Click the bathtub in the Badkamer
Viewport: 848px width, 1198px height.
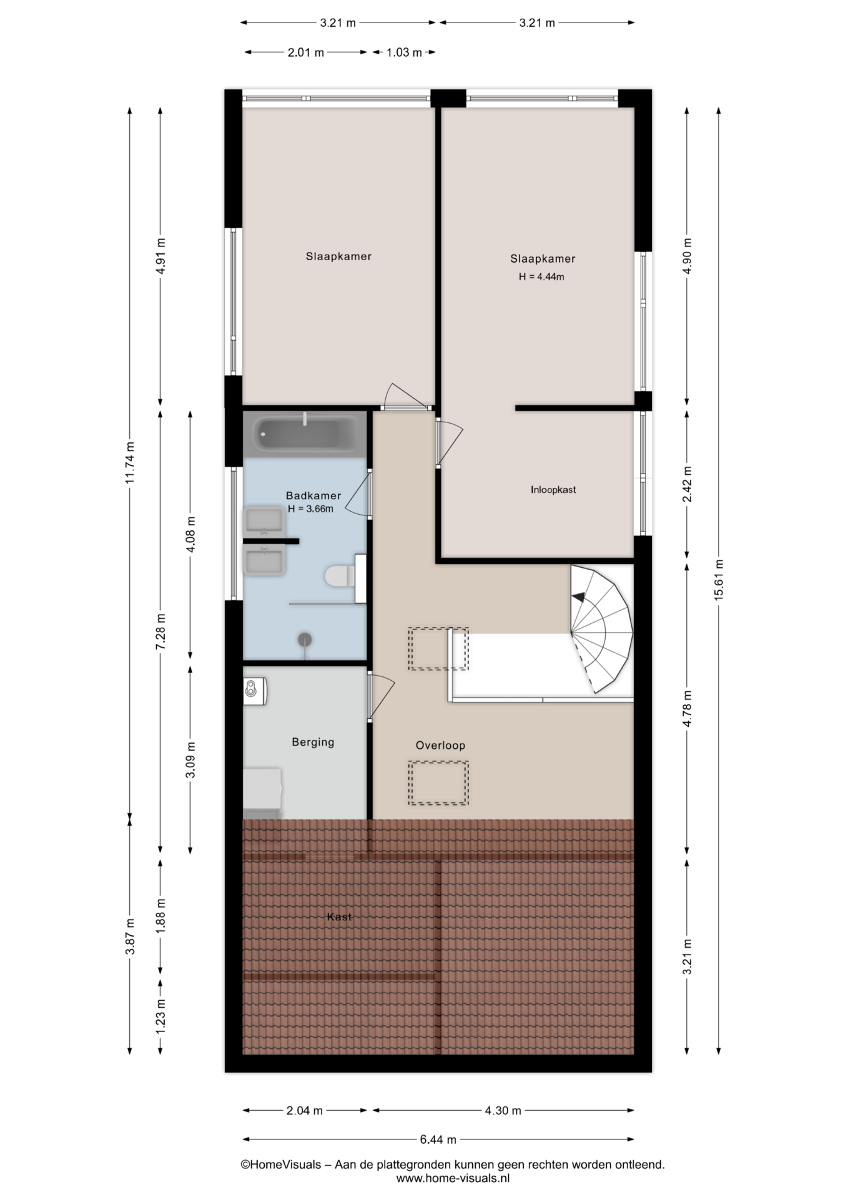click(305, 432)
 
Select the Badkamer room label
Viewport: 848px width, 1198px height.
click(313, 495)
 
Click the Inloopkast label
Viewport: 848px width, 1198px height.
click(553, 490)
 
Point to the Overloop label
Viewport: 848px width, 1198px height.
click(440, 745)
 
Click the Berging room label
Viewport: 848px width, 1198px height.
click(313, 742)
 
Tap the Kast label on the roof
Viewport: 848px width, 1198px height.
click(339, 917)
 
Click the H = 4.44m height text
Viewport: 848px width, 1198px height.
click(541, 277)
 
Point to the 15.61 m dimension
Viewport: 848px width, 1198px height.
click(718, 580)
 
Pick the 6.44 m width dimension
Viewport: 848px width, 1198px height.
click(438, 1139)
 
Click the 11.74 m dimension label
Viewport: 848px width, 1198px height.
click(129, 462)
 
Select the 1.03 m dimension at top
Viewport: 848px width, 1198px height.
click(403, 52)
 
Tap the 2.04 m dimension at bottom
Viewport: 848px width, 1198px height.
click(305, 1110)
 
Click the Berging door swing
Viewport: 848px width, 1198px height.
click(381, 695)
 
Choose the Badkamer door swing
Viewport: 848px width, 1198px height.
click(357, 494)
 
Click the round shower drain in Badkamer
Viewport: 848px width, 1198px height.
click(305, 639)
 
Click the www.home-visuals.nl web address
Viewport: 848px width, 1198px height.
click(453, 1178)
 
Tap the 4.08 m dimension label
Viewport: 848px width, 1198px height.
click(190, 534)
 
